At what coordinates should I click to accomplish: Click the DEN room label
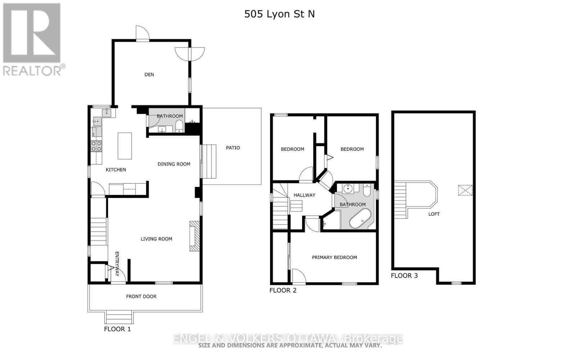(x=149, y=75)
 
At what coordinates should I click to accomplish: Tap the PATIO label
(x=233, y=148)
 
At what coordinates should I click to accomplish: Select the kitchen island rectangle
(x=125, y=146)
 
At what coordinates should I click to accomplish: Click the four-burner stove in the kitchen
(x=96, y=146)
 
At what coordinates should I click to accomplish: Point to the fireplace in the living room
(x=194, y=236)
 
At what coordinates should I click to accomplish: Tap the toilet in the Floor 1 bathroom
(x=179, y=126)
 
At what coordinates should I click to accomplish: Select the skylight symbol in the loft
(x=465, y=190)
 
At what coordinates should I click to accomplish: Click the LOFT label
(x=434, y=214)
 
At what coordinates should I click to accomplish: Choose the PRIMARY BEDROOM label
(x=334, y=257)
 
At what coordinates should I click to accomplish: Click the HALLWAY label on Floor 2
(x=304, y=195)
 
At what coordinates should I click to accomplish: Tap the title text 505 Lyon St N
(x=279, y=14)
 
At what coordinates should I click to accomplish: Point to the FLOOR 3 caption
(x=404, y=276)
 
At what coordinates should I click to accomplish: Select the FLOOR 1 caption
(x=117, y=329)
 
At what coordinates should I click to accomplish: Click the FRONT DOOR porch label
(x=141, y=296)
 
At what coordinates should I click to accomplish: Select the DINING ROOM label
(x=174, y=164)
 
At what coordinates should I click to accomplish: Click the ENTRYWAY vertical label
(x=117, y=264)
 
